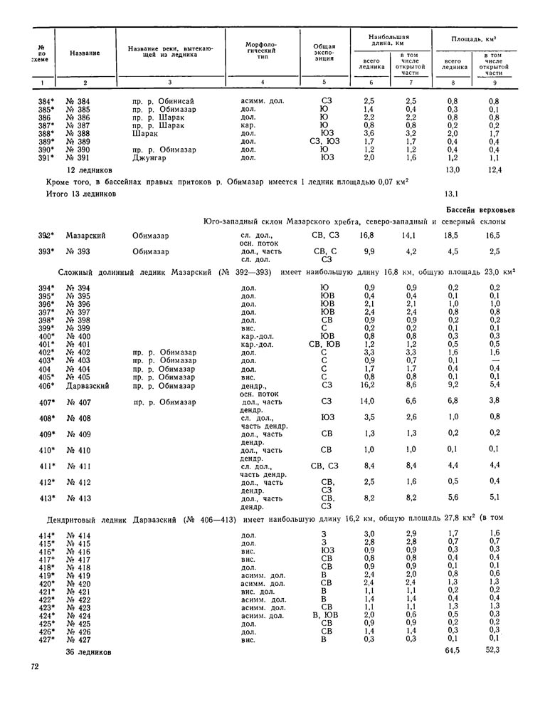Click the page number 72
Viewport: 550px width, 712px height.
click(x=34, y=666)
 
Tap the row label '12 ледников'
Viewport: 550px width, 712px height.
click(x=89, y=171)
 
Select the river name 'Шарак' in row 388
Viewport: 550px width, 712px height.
click(x=144, y=133)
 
